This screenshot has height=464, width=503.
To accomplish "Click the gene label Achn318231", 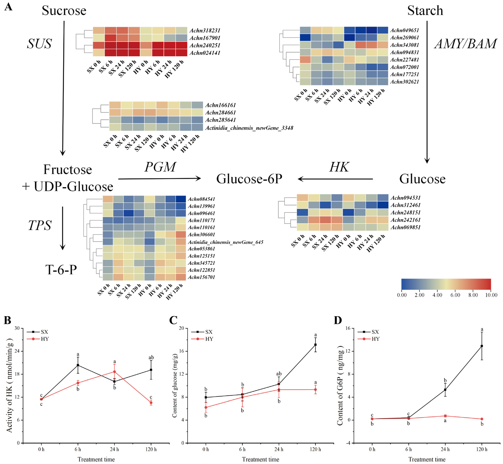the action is tap(205, 30).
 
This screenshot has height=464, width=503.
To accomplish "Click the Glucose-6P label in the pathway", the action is tap(249, 179).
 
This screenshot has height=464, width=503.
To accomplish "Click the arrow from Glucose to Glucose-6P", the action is tap(335, 179).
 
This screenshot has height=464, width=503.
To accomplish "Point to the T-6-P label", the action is tap(61, 270).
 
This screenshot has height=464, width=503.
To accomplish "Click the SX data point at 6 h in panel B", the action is tap(78, 365).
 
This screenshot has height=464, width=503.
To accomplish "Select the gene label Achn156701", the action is tap(201, 277).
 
